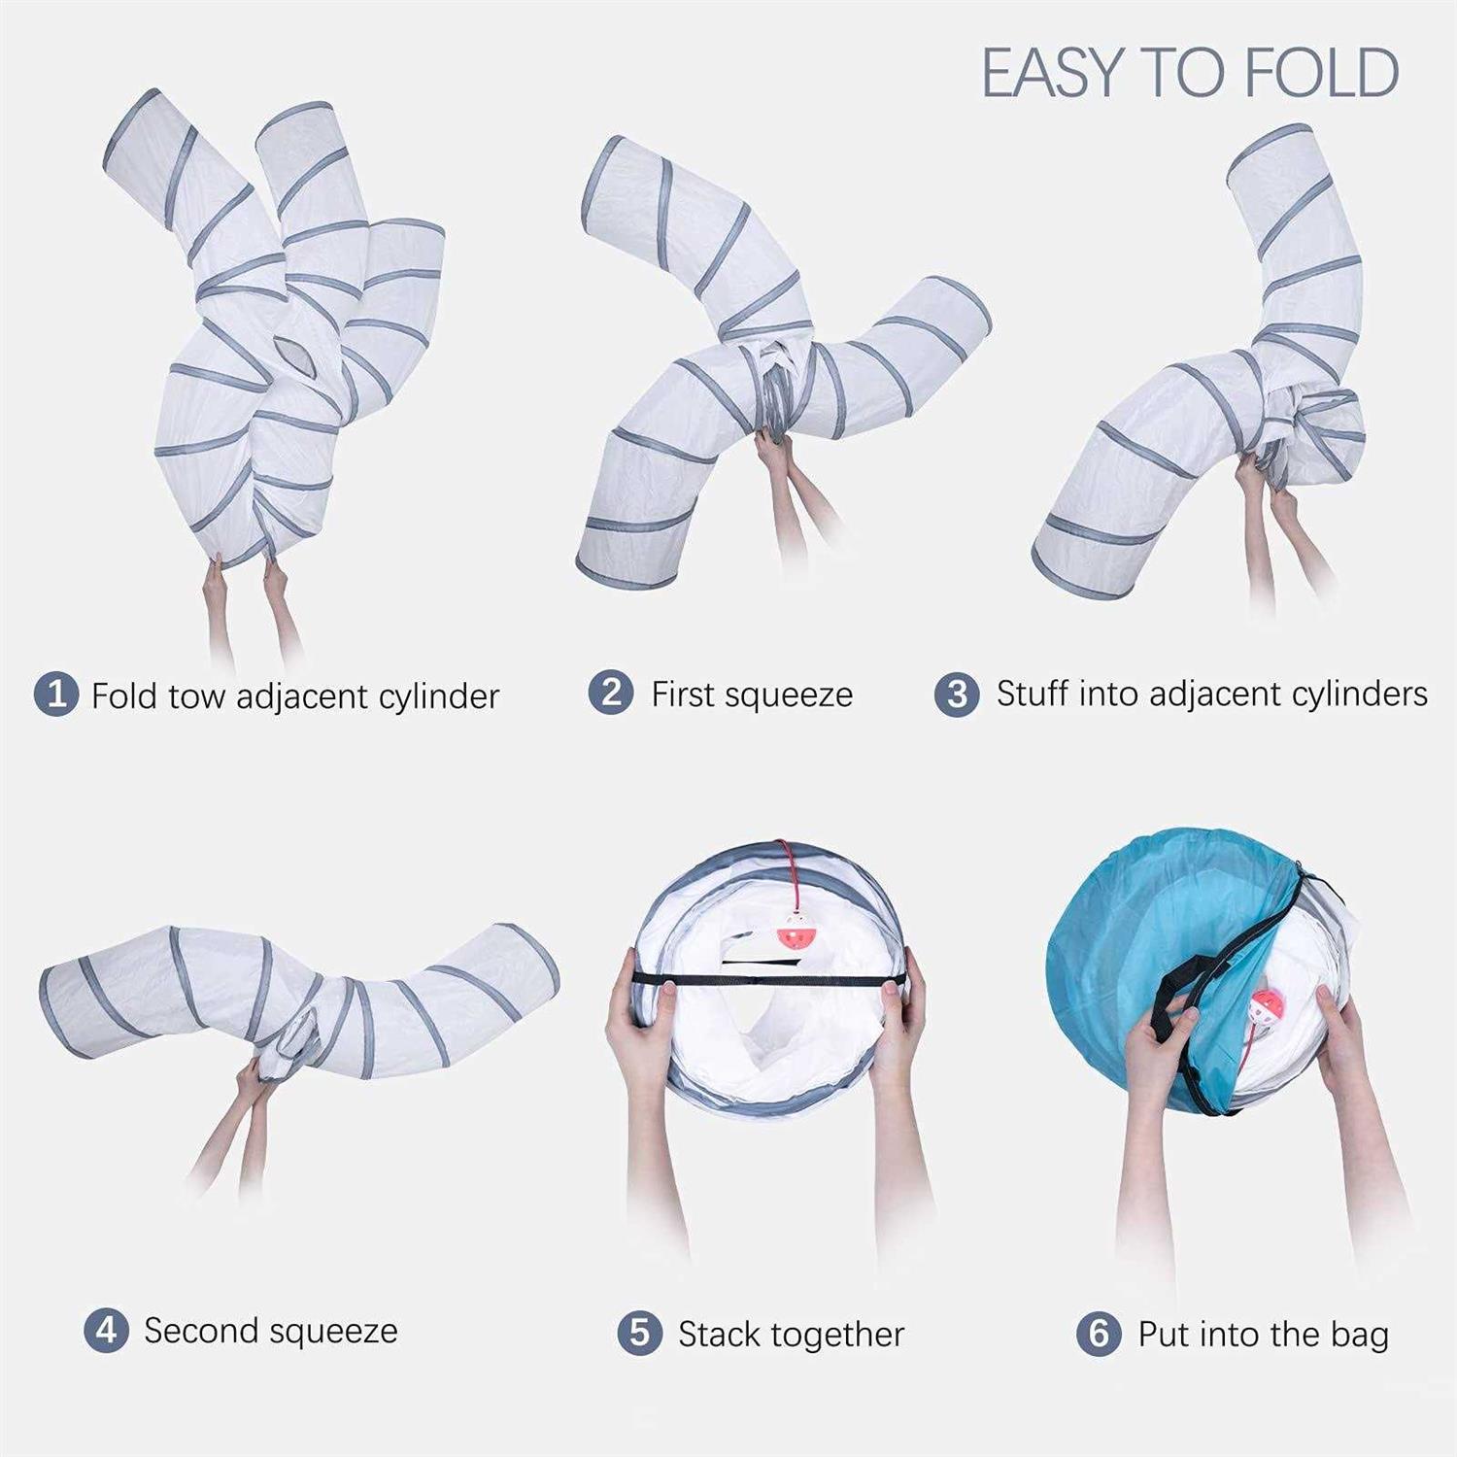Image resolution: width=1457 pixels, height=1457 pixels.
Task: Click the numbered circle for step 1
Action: [x=55, y=695]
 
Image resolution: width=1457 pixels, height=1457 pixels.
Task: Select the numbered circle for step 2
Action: [x=611, y=693]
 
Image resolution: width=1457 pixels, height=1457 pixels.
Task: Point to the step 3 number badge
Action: [x=957, y=694]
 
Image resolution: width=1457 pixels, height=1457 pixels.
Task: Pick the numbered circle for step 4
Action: [x=106, y=1330]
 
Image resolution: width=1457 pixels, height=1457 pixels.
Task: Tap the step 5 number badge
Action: [x=640, y=1333]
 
